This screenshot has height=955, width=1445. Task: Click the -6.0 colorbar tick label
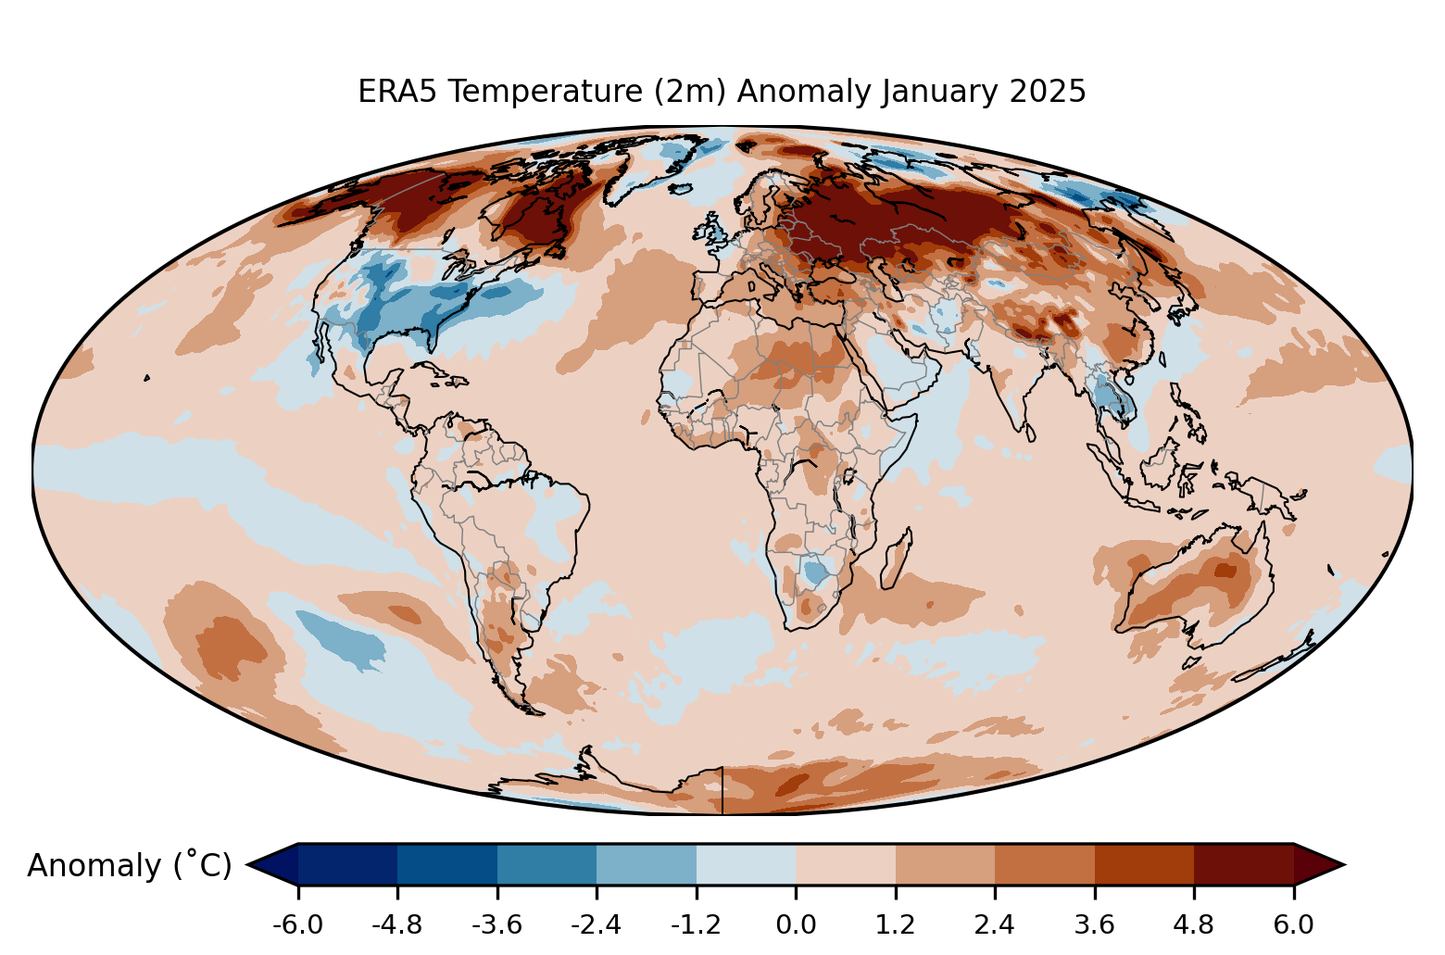click(x=297, y=925)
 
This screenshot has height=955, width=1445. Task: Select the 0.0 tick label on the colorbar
click(x=796, y=925)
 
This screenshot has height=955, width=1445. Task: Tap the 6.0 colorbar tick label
click(x=1293, y=925)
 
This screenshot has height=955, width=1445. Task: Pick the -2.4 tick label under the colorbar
click(x=597, y=925)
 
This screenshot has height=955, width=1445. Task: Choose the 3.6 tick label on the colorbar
click(x=1094, y=925)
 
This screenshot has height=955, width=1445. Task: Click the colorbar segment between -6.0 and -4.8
click(x=347, y=864)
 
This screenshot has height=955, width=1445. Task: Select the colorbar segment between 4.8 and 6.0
click(x=1243, y=864)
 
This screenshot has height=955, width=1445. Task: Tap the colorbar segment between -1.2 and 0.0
click(x=746, y=864)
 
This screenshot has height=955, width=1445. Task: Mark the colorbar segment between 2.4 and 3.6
click(x=1044, y=864)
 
